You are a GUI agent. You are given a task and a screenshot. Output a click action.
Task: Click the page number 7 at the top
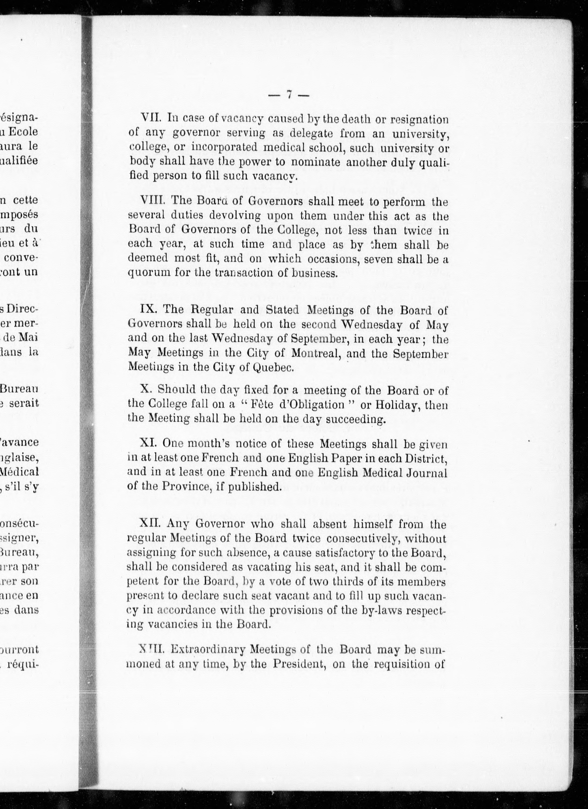tap(289, 95)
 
